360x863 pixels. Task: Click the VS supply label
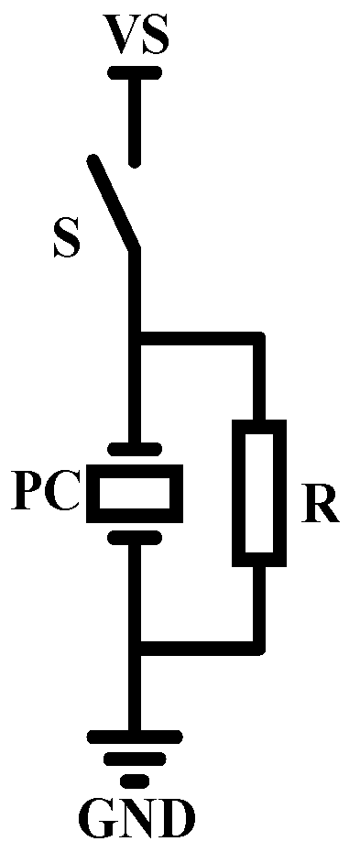click(136, 38)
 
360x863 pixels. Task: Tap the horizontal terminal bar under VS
click(136, 71)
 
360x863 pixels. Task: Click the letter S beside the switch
click(65, 238)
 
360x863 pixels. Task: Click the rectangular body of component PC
click(136, 492)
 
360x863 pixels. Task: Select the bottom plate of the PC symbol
click(136, 537)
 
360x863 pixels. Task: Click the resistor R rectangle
click(258, 492)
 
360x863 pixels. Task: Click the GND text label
click(136, 820)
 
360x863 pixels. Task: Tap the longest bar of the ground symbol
click(136, 736)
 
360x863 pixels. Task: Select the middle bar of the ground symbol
click(136, 759)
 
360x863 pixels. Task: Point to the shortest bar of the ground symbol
click(136, 780)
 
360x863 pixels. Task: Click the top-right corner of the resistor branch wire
click(258, 339)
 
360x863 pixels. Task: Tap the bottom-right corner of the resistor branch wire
click(258, 648)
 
